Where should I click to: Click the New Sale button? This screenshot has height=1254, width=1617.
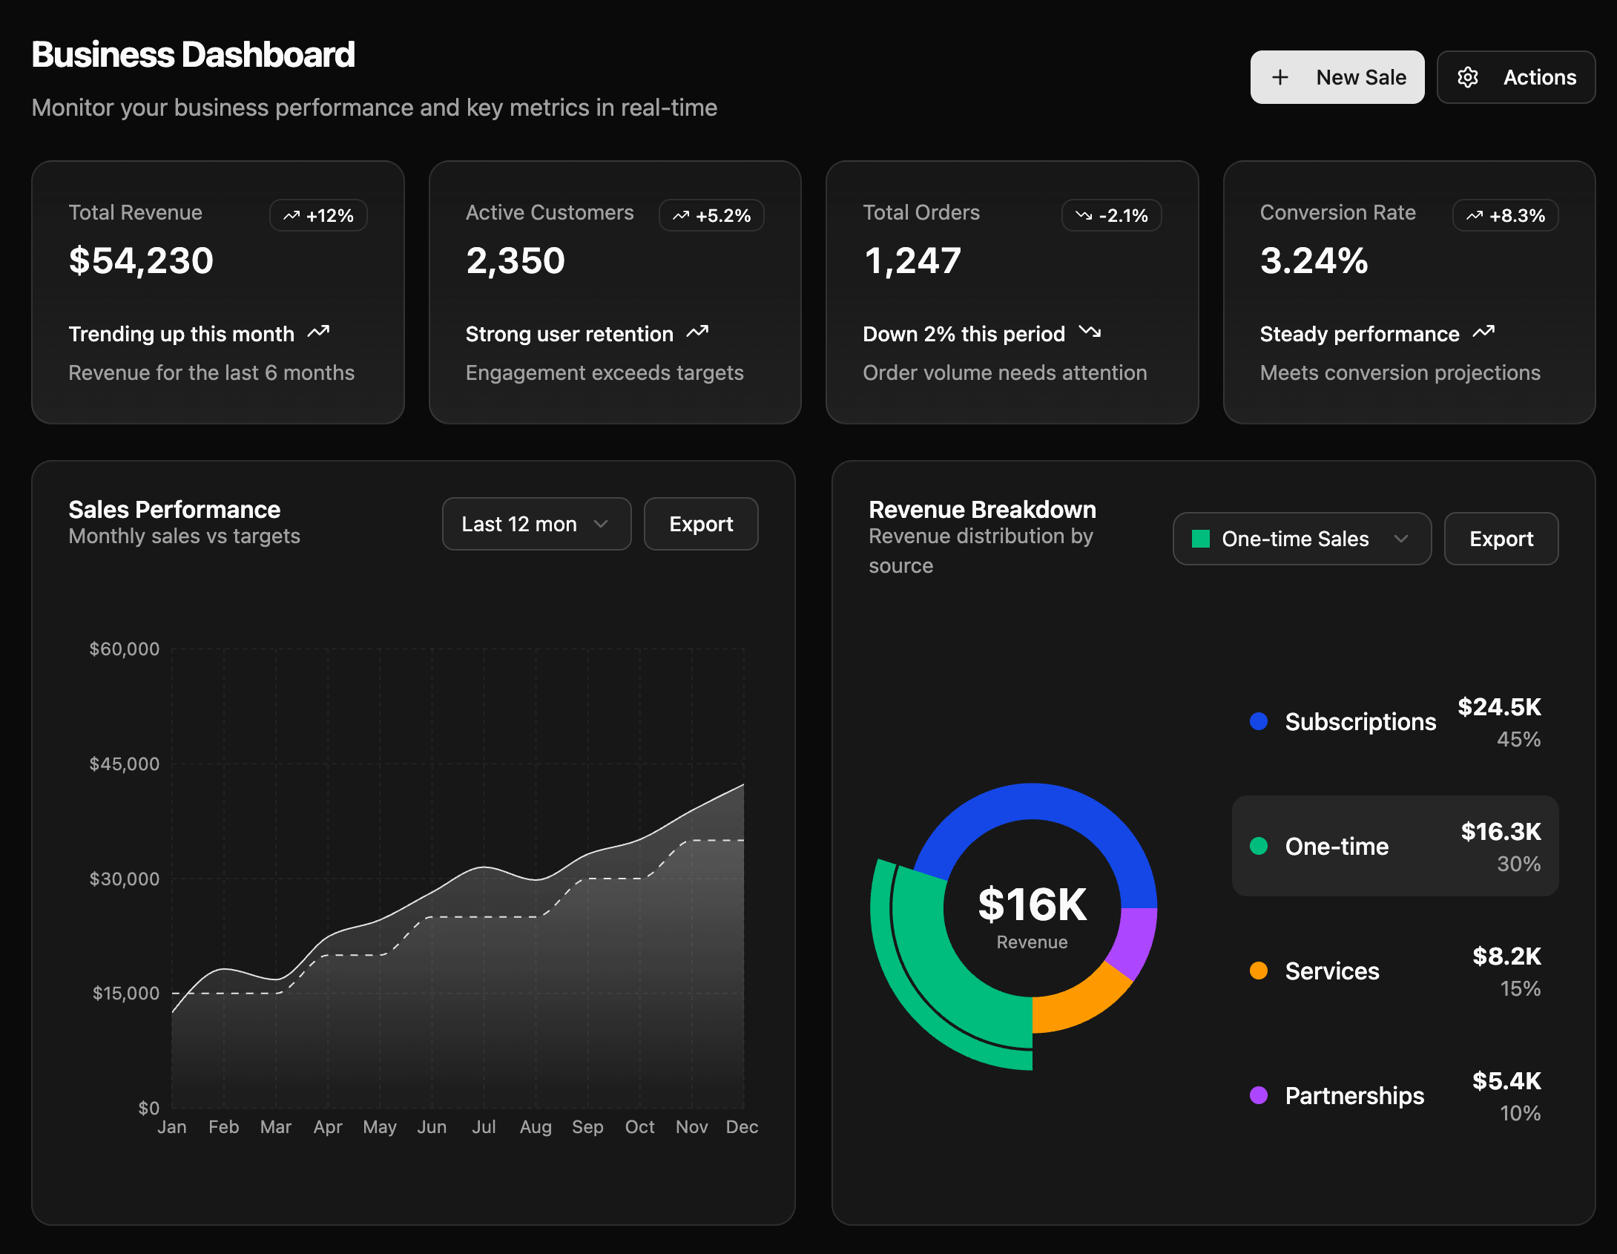[x=1337, y=77]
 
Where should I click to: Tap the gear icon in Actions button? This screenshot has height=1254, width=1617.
[x=1468, y=77]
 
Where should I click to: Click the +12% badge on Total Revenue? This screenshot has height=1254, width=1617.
[x=318, y=216]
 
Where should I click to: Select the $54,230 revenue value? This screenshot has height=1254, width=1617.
[x=141, y=260]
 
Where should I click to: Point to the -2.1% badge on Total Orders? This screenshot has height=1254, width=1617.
[x=1111, y=216]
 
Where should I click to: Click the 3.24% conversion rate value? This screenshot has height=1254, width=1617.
[x=1314, y=260]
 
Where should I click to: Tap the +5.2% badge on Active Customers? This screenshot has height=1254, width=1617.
[x=711, y=216]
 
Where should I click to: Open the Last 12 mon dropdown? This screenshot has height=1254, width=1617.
[x=536, y=524]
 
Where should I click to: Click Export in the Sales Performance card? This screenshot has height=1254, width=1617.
[x=701, y=524]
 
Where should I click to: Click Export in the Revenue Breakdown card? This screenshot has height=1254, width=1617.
[x=1501, y=539]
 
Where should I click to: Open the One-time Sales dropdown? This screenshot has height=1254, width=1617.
[x=1302, y=539]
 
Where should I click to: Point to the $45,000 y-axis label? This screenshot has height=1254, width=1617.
[x=124, y=764]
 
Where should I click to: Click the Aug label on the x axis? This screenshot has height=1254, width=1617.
[x=536, y=1127]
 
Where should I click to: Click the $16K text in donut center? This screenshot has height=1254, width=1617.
[x=1032, y=905]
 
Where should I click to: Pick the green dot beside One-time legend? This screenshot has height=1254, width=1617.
[x=1259, y=846]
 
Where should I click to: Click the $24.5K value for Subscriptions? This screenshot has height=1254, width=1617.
[x=1499, y=707]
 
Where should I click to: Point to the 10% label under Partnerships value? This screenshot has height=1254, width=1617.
[x=1520, y=1113]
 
